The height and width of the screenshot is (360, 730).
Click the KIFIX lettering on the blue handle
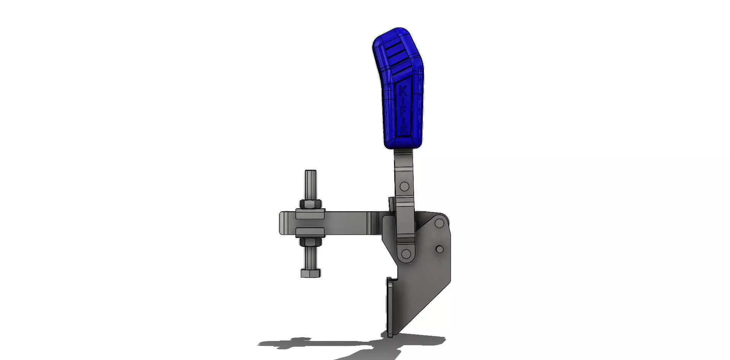pyautogui.click(x=403, y=110)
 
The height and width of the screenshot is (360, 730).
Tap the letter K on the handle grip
pyautogui.click(x=403, y=91)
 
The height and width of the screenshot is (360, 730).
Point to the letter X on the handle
pyautogui.click(x=403, y=130)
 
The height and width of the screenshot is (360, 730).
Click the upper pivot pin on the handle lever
pyautogui.click(x=405, y=187)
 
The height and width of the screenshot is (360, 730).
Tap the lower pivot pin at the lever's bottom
pyautogui.click(x=406, y=254)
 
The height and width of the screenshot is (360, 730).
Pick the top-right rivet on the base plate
pyautogui.click(x=439, y=223)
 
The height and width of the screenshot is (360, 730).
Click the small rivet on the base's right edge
pyautogui.click(x=440, y=249)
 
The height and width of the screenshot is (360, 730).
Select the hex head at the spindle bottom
pyautogui.click(x=311, y=273)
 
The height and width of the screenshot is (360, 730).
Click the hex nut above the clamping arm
pyautogui.click(x=311, y=204)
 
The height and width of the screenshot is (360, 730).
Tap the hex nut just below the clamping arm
pyautogui.click(x=311, y=242)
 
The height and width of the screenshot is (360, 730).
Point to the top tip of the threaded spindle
pyautogui.click(x=310, y=172)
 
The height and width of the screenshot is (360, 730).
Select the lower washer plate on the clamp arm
pyautogui.click(x=310, y=232)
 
